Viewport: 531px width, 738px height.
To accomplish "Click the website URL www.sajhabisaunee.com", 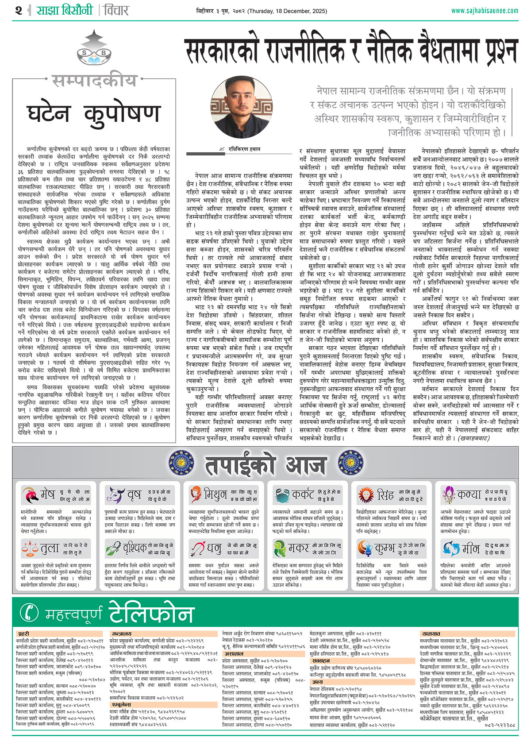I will [x=485, y=11].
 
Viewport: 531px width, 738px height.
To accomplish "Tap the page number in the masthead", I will [x=18, y=10].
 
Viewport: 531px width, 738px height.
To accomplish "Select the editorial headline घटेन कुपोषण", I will [x=93, y=113].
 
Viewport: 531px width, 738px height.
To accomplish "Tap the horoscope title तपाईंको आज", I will [x=265, y=465].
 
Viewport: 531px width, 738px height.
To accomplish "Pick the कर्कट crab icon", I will [x=281, y=495].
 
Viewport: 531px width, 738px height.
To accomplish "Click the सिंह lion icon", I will [x=366, y=495].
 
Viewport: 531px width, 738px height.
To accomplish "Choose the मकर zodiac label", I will [x=299, y=549].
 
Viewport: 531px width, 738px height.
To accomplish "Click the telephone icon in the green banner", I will [x=30, y=613].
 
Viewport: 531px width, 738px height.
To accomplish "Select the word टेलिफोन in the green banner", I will [x=151, y=613].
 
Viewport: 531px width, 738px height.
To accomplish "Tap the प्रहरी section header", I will [x=24, y=634].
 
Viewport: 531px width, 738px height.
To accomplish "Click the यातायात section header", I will [x=431, y=634].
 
